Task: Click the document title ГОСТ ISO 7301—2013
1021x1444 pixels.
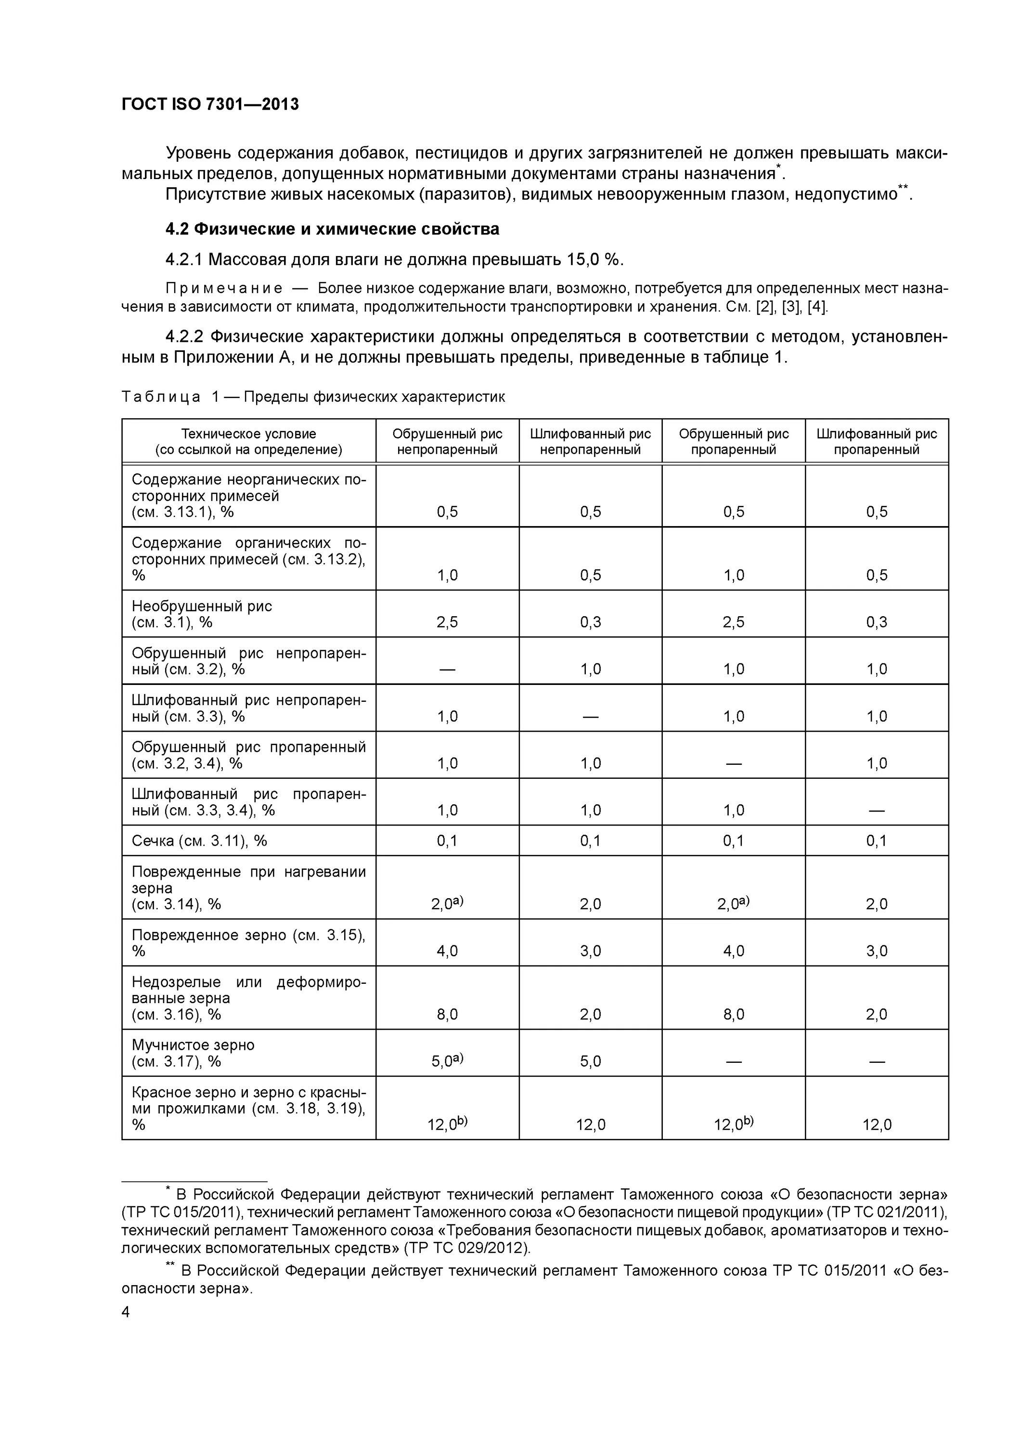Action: [x=210, y=104]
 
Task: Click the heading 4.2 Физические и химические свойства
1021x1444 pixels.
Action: [x=332, y=229]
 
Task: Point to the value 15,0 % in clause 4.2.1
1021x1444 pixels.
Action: [x=591, y=259]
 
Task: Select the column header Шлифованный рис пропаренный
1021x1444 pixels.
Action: [x=876, y=441]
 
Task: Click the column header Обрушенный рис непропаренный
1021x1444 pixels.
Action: [x=447, y=441]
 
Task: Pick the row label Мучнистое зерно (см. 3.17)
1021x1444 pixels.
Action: [x=193, y=1053]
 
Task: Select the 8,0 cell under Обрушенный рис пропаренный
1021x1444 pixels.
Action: [x=734, y=1014]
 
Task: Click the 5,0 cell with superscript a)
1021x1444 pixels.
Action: [x=447, y=1061]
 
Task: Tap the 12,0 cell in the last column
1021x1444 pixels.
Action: [x=876, y=1124]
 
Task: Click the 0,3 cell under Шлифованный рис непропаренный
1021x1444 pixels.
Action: [x=590, y=622]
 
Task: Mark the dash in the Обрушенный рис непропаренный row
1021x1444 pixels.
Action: [x=447, y=669]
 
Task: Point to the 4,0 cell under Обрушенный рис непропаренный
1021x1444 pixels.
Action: [x=447, y=950]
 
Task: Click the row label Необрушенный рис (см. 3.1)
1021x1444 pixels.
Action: [x=201, y=614]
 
